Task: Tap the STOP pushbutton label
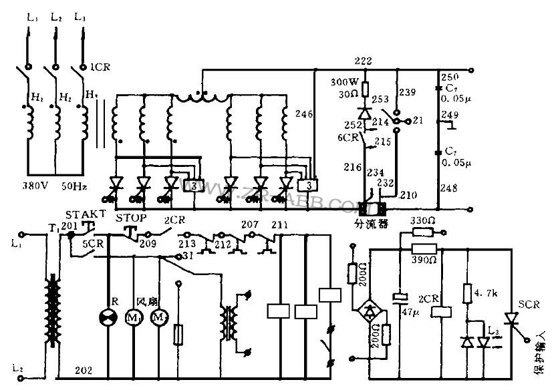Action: pyautogui.click(x=131, y=218)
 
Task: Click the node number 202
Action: pyautogui.click(x=84, y=369)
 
